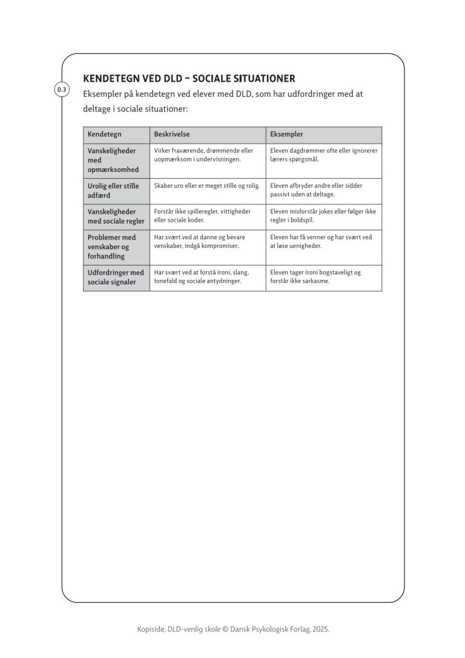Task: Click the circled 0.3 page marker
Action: (62, 90)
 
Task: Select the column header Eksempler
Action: (286, 134)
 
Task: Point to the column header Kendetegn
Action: (104, 134)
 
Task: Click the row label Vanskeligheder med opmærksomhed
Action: (113, 160)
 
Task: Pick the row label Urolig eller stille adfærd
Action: (113, 191)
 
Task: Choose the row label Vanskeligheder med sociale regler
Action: (116, 216)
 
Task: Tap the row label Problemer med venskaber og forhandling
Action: (111, 247)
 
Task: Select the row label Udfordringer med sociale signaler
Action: (116, 277)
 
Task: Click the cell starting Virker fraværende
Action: (203, 155)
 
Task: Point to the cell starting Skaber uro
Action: (206, 186)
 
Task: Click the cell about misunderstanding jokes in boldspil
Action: (323, 216)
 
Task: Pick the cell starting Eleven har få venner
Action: (321, 242)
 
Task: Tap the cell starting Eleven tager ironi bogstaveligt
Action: (315, 277)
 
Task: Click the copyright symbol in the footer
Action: (226, 630)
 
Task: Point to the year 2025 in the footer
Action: (320, 630)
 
